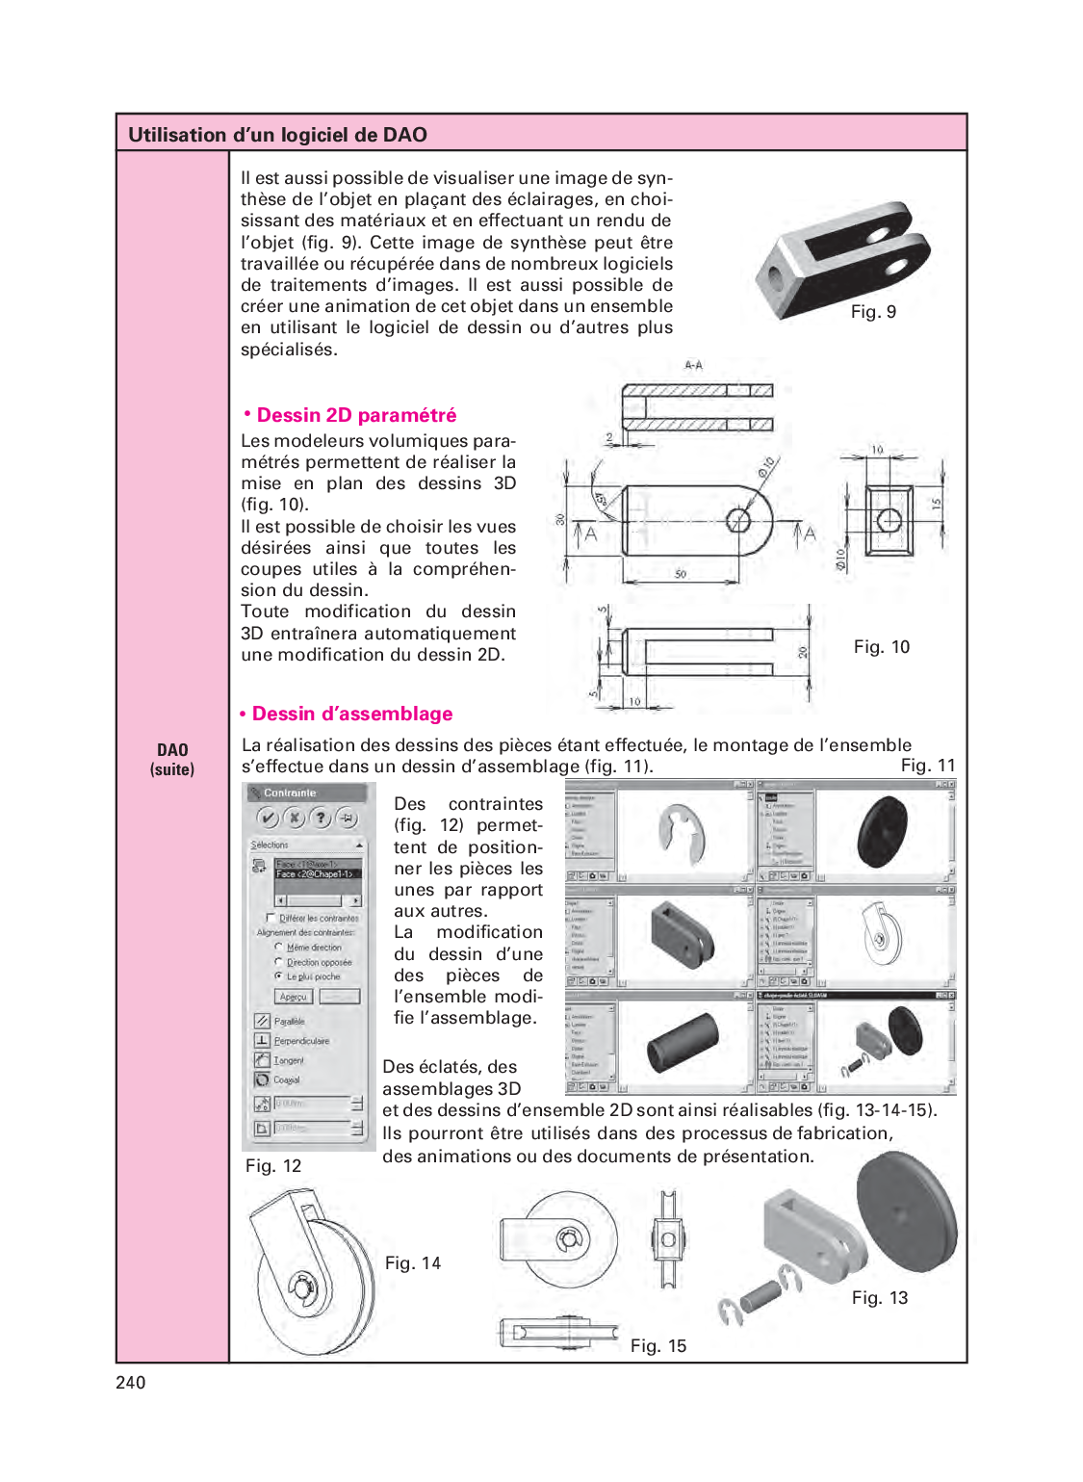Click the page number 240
point(130,1383)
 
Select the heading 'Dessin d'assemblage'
point(351,714)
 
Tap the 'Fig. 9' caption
point(873,311)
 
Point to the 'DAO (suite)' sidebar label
point(172,759)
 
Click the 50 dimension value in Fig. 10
point(681,574)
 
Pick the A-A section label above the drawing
point(693,365)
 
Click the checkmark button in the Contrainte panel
point(268,818)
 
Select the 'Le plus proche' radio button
point(278,976)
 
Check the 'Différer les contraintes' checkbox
point(271,918)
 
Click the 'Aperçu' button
point(294,997)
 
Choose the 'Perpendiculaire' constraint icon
point(262,1040)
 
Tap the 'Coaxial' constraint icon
point(262,1079)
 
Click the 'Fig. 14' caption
point(412,1262)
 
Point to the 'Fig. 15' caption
point(658,1345)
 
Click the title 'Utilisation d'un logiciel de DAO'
point(277,135)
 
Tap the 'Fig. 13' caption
point(879,1297)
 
